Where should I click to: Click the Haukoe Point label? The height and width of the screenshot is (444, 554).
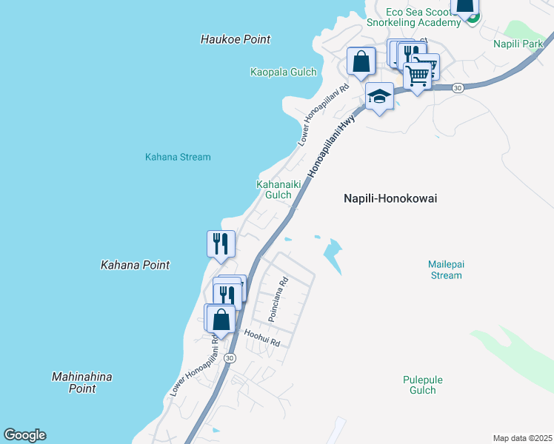[x=236, y=39]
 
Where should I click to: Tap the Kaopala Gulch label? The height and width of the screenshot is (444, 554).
[x=283, y=73]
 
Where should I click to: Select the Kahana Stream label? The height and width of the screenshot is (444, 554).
[x=178, y=157]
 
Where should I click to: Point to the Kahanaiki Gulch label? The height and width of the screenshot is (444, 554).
[x=273, y=189]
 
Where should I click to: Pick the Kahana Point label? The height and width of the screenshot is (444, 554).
[x=136, y=265]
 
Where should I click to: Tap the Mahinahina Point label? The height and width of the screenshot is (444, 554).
[x=82, y=383]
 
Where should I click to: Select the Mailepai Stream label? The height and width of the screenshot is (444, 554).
[x=445, y=269]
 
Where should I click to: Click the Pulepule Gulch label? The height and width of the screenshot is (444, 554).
[x=423, y=385]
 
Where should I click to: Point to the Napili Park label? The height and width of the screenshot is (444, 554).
[x=518, y=44]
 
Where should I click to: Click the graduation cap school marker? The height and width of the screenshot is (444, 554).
[x=379, y=96]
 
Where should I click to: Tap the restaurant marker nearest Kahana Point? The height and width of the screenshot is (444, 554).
[x=221, y=243]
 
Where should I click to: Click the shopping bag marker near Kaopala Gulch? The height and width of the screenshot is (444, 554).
[x=361, y=61]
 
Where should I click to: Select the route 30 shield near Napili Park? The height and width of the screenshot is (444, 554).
[x=458, y=87]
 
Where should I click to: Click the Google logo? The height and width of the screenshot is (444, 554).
[x=24, y=435]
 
